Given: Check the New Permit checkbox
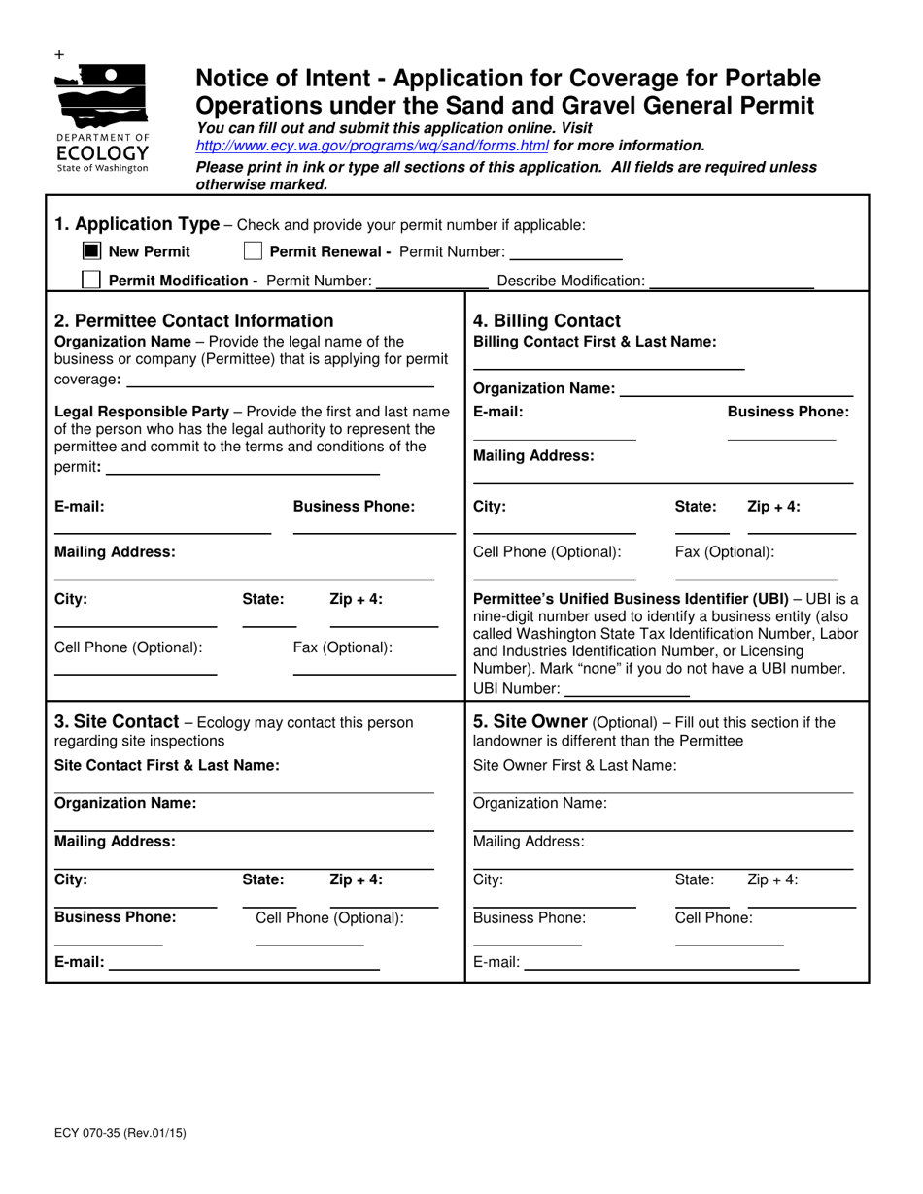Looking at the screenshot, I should tap(91, 251).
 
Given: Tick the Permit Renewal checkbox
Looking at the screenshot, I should tap(253, 251).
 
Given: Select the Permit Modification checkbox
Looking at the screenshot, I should tap(91, 281).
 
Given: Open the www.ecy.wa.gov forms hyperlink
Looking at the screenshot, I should tap(372, 146).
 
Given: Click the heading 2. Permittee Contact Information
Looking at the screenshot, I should tap(193, 321).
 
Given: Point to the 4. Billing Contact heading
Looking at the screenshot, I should tap(546, 321).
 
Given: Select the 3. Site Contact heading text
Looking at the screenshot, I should tap(117, 722).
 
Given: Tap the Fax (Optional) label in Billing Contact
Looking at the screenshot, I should tap(724, 552).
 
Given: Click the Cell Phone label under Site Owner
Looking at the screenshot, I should tap(713, 917).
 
